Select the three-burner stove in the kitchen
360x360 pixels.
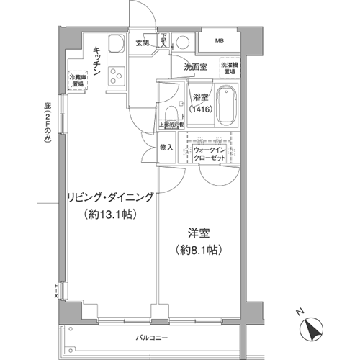(x=115, y=74)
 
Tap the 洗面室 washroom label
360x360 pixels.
(x=195, y=67)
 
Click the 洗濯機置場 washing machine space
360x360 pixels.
(x=230, y=70)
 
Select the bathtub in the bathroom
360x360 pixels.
(x=228, y=106)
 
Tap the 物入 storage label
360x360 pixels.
(x=166, y=148)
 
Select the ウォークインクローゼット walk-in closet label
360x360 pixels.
(x=210, y=153)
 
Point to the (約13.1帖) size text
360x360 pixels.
(x=109, y=214)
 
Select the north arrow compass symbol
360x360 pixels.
(x=312, y=328)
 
